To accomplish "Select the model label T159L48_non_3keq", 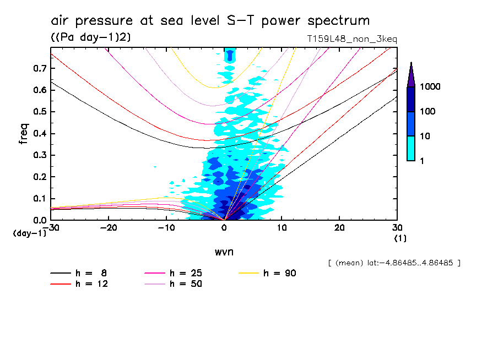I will coord(353,39).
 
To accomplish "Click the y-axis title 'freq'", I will coord(23,134).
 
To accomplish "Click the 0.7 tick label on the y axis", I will coord(39,68).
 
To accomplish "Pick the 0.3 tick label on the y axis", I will coord(39,155).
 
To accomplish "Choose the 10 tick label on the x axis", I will coord(282,228).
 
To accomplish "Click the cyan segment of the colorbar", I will coord(411,148).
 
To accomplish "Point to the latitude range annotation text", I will coord(394,263).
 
